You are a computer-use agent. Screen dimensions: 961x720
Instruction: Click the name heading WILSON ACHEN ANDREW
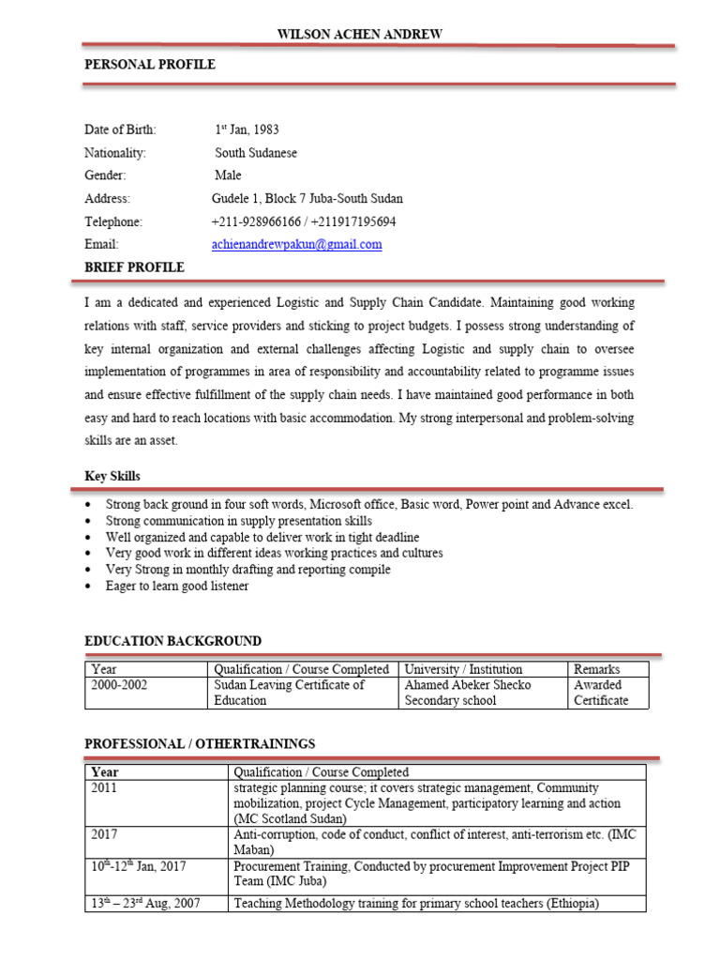(359, 35)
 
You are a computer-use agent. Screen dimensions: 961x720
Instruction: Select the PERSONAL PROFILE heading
(150, 65)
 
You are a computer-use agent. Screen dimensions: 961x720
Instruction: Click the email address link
(297, 245)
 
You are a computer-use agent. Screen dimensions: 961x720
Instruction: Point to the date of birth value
(247, 130)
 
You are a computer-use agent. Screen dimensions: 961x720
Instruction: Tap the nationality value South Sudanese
(256, 153)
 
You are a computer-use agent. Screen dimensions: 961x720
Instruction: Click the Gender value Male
(228, 175)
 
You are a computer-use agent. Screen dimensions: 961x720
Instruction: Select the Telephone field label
(113, 222)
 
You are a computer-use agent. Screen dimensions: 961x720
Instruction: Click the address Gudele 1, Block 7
(307, 199)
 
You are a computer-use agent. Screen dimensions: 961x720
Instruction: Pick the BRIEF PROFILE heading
(134, 268)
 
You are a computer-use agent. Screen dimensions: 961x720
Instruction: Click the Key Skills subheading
(112, 477)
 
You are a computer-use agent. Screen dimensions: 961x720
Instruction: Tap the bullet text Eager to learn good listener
(177, 586)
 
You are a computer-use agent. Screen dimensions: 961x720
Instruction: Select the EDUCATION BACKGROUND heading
(173, 642)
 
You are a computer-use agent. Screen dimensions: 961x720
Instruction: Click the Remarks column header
(596, 670)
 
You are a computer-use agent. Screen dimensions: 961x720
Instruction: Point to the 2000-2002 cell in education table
(119, 685)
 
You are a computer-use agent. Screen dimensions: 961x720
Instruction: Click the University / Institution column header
(463, 670)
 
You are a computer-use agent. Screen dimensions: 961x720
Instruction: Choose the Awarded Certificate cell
(601, 693)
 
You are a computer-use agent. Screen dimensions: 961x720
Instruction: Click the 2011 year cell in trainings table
(104, 788)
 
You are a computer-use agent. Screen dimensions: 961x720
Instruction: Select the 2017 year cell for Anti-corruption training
(104, 833)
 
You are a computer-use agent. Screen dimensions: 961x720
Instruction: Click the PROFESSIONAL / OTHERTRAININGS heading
(200, 744)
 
